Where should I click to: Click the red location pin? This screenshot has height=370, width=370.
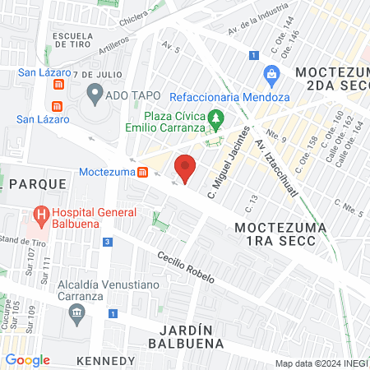tap(186, 167)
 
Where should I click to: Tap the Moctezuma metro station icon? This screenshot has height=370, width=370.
tap(143, 173)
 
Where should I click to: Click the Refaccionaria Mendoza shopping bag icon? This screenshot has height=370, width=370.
tap(270, 76)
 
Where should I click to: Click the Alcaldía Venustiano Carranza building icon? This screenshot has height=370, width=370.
tap(77, 312)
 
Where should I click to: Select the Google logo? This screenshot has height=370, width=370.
tap(27, 360)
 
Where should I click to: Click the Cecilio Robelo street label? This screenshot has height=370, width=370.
tap(187, 266)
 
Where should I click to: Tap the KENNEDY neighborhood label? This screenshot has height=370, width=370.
tap(104, 361)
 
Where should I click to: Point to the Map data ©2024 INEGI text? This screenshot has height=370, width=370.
tap(321, 363)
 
